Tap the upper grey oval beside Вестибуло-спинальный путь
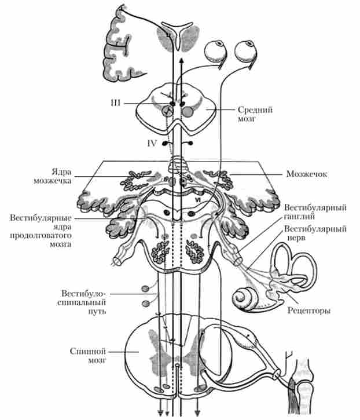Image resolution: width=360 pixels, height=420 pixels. point(146,288)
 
